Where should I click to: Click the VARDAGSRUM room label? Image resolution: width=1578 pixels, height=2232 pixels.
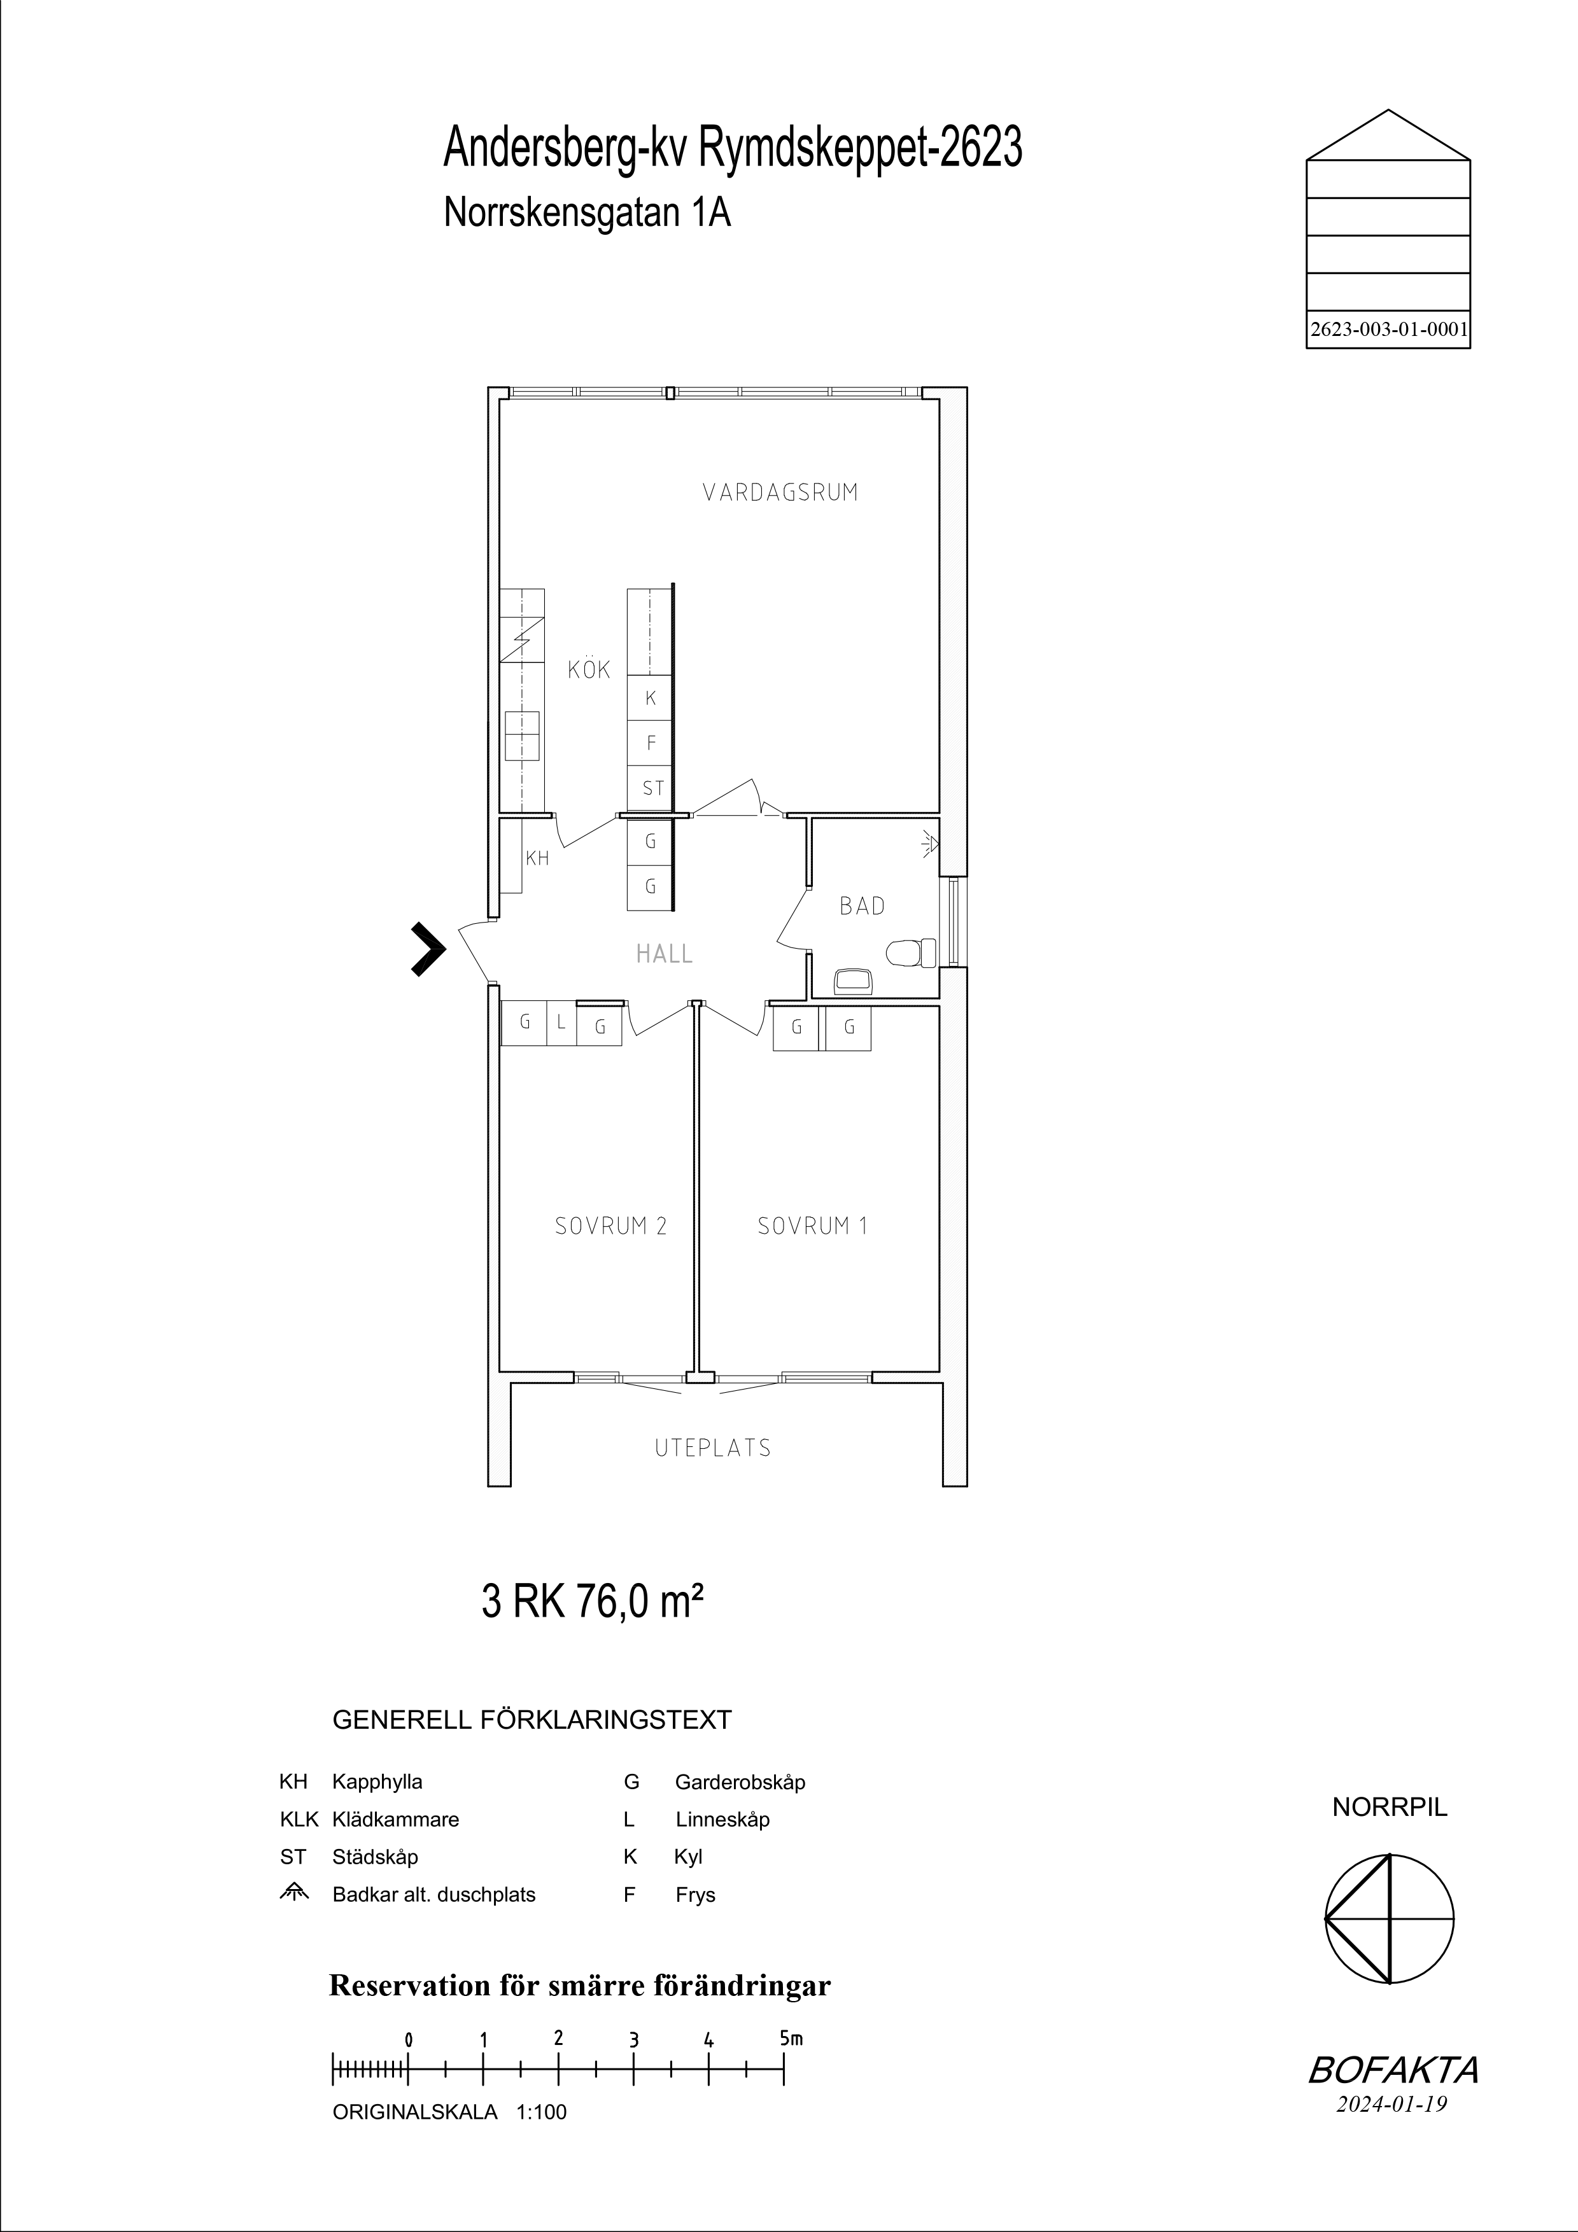pos(781,492)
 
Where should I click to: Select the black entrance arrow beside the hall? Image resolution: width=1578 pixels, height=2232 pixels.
pos(428,948)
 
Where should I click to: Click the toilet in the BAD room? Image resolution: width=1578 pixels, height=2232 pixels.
pos(911,952)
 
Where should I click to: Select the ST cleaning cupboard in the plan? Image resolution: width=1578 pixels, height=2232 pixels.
pos(651,788)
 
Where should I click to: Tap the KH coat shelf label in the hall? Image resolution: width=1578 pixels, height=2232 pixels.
pos(537,858)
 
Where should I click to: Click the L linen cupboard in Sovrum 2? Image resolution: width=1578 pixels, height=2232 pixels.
pos(561,1022)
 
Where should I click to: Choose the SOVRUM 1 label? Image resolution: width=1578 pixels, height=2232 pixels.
pos(812,1226)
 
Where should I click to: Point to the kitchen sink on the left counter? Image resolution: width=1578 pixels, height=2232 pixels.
pos(522,736)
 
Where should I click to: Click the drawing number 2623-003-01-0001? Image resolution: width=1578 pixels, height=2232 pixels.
pos(1388,330)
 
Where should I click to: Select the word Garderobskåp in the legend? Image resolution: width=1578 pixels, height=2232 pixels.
pos(740,1782)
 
